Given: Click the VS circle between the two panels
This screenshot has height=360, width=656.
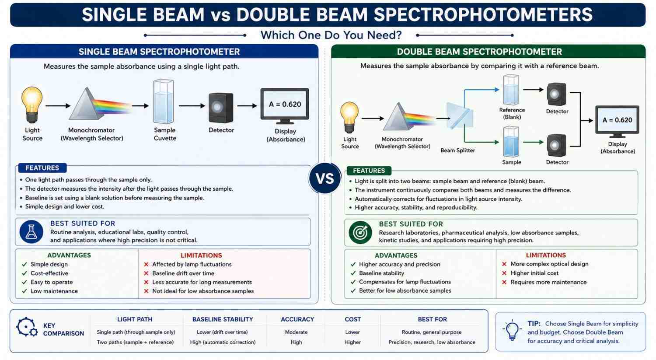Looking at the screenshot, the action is coord(325,178).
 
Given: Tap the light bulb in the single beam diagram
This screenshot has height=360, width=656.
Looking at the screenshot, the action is coord(32,105).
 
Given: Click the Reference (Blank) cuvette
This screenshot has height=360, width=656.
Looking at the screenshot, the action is coord(511,90).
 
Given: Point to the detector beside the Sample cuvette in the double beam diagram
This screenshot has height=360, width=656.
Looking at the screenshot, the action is coord(556,145).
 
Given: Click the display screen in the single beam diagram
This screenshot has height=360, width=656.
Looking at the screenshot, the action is coord(285,106).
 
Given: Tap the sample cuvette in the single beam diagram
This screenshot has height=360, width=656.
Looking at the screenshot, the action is coord(164,101).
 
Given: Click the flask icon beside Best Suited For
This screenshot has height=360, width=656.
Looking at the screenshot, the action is coord(31,232).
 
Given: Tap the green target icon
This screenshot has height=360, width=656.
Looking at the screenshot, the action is coord(360,233).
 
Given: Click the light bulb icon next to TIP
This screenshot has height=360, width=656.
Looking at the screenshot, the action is coord(512,330).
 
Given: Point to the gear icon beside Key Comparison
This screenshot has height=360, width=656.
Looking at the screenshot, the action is coord(27,327).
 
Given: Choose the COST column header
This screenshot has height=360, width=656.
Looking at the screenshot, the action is coord(352,319).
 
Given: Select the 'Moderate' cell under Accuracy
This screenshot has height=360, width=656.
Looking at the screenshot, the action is coord(296,332).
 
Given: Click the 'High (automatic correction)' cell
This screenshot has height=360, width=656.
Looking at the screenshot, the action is coord(223,342).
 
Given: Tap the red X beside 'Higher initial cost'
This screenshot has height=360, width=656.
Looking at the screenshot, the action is coord(504,273).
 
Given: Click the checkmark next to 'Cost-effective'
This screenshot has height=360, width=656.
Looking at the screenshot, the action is coord(24,273).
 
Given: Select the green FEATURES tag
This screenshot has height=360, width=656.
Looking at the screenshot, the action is coord(369,171).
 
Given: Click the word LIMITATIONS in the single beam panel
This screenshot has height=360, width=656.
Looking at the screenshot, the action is coord(201,255).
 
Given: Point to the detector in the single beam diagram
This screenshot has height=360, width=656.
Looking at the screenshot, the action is coord(221,108).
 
